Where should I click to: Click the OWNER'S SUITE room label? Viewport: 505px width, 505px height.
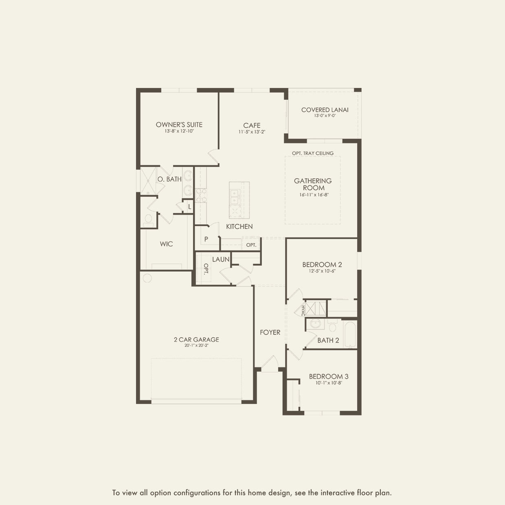coord(179,125)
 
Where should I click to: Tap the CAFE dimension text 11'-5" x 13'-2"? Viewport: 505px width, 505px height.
coord(252,132)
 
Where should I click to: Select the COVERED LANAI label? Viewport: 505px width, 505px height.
coord(325,110)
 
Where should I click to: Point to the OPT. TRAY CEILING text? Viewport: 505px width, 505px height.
coord(313,153)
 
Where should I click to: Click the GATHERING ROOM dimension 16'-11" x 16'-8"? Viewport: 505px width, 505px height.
coord(313,195)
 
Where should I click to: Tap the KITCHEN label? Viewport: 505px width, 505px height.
coord(239,226)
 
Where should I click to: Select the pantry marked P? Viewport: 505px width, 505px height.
coord(206,239)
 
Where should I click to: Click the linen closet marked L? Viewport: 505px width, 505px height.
coord(189,206)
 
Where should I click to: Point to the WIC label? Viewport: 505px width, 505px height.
coord(166,244)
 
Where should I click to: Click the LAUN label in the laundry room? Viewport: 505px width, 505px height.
coord(220,259)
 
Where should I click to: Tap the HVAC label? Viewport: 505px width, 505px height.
coord(303,310)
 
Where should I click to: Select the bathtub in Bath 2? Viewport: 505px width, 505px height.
coord(350,334)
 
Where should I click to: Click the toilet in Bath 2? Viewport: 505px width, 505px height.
coord(332,325)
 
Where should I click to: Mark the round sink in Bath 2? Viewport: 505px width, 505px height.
coord(315,324)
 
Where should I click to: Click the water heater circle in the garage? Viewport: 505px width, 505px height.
coord(147,279)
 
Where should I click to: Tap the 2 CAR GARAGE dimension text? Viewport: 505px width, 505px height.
coord(196,346)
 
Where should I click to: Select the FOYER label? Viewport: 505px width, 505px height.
coord(270,332)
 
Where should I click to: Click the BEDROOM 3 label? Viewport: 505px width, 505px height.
coord(328,376)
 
